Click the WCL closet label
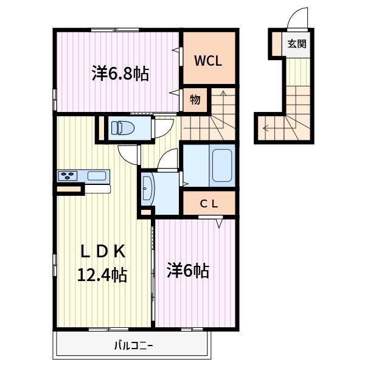point(208,61)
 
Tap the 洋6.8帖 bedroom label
point(120,74)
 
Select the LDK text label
point(103,251)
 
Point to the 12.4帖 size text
point(102,275)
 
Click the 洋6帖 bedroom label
point(188,271)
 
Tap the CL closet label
point(209,204)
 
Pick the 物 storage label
point(195,100)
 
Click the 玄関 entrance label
point(297,44)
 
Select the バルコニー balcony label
point(133,346)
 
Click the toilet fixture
point(123,128)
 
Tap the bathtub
point(222,165)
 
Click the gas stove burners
point(68,176)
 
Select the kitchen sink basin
point(97,176)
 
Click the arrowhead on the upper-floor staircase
point(223,93)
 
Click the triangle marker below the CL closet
point(219,223)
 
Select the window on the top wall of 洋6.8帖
point(115,30)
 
